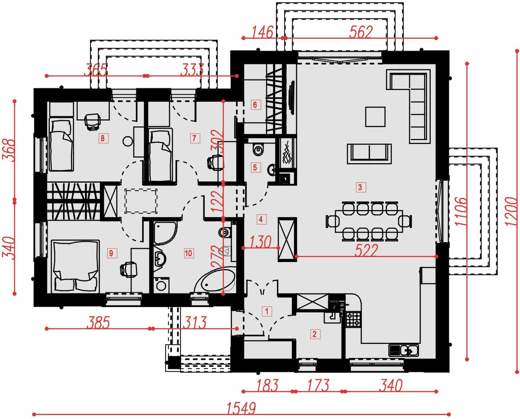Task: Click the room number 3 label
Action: pyautogui.click(x=360, y=187)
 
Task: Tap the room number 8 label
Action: pyautogui.click(x=103, y=138)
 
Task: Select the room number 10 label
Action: pyautogui.click(x=188, y=254)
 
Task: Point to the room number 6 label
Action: pyautogui.click(x=255, y=105)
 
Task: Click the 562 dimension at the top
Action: pyautogui.click(x=361, y=32)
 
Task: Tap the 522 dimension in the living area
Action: pyautogui.click(x=366, y=250)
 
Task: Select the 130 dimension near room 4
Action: pyautogui.click(x=260, y=242)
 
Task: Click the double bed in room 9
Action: pyautogui.click(x=76, y=266)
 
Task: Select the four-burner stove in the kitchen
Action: pyautogui.click(x=353, y=319)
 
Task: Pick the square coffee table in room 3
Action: pyautogui.click(x=375, y=117)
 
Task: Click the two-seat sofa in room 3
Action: pyautogui.click(x=370, y=154)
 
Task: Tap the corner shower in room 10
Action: pyautogui.click(x=165, y=233)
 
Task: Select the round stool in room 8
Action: pyautogui.click(x=128, y=141)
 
